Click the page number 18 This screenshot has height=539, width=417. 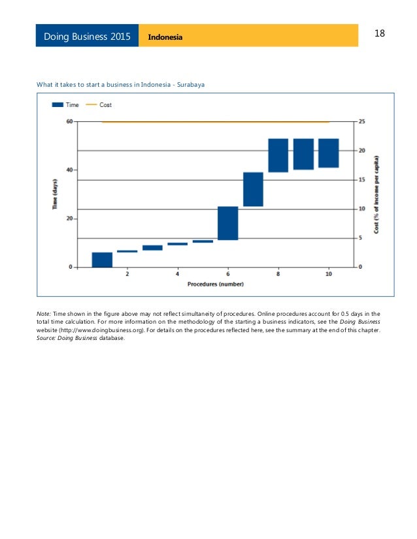pos(380,33)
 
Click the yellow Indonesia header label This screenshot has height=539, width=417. pos(165,37)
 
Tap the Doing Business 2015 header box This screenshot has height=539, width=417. pos(88,36)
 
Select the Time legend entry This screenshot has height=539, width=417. pos(65,105)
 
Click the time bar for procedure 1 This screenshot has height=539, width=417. pos(102,260)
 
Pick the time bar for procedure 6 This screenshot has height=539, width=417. pos(227,223)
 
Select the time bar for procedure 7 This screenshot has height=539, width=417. pos(253,189)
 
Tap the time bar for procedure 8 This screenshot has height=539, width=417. pos(278,155)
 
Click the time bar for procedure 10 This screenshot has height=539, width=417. pos(328,153)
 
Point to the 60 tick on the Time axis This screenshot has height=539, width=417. pos(69,121)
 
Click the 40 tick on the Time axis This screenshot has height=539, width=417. pos(69,170)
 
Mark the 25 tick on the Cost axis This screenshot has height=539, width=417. pos(362,121)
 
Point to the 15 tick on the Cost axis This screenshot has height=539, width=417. pos(362,180)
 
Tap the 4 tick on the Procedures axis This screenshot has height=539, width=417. pos(177,274)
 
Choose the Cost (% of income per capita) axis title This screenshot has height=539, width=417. pos(376,194)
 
